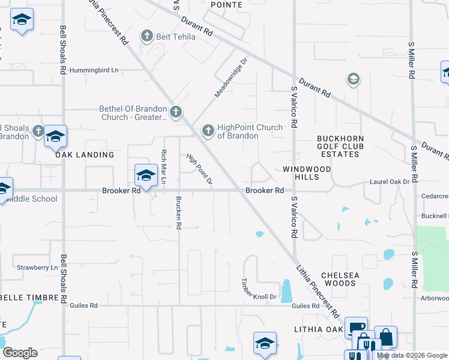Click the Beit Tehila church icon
click(147, 37)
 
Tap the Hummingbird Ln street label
click(94, 70)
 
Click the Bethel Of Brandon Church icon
click(175, 111)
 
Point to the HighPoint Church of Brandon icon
click(208, 130)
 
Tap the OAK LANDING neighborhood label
click(85, 155)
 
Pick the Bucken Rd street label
click(178, 212)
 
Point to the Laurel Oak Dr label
click(393, 181)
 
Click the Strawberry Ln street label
click(37, 267)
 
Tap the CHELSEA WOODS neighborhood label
click(340, 279)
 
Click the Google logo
click(20, 353)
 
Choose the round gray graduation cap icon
click(353, 79)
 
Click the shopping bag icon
click(385, 337)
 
